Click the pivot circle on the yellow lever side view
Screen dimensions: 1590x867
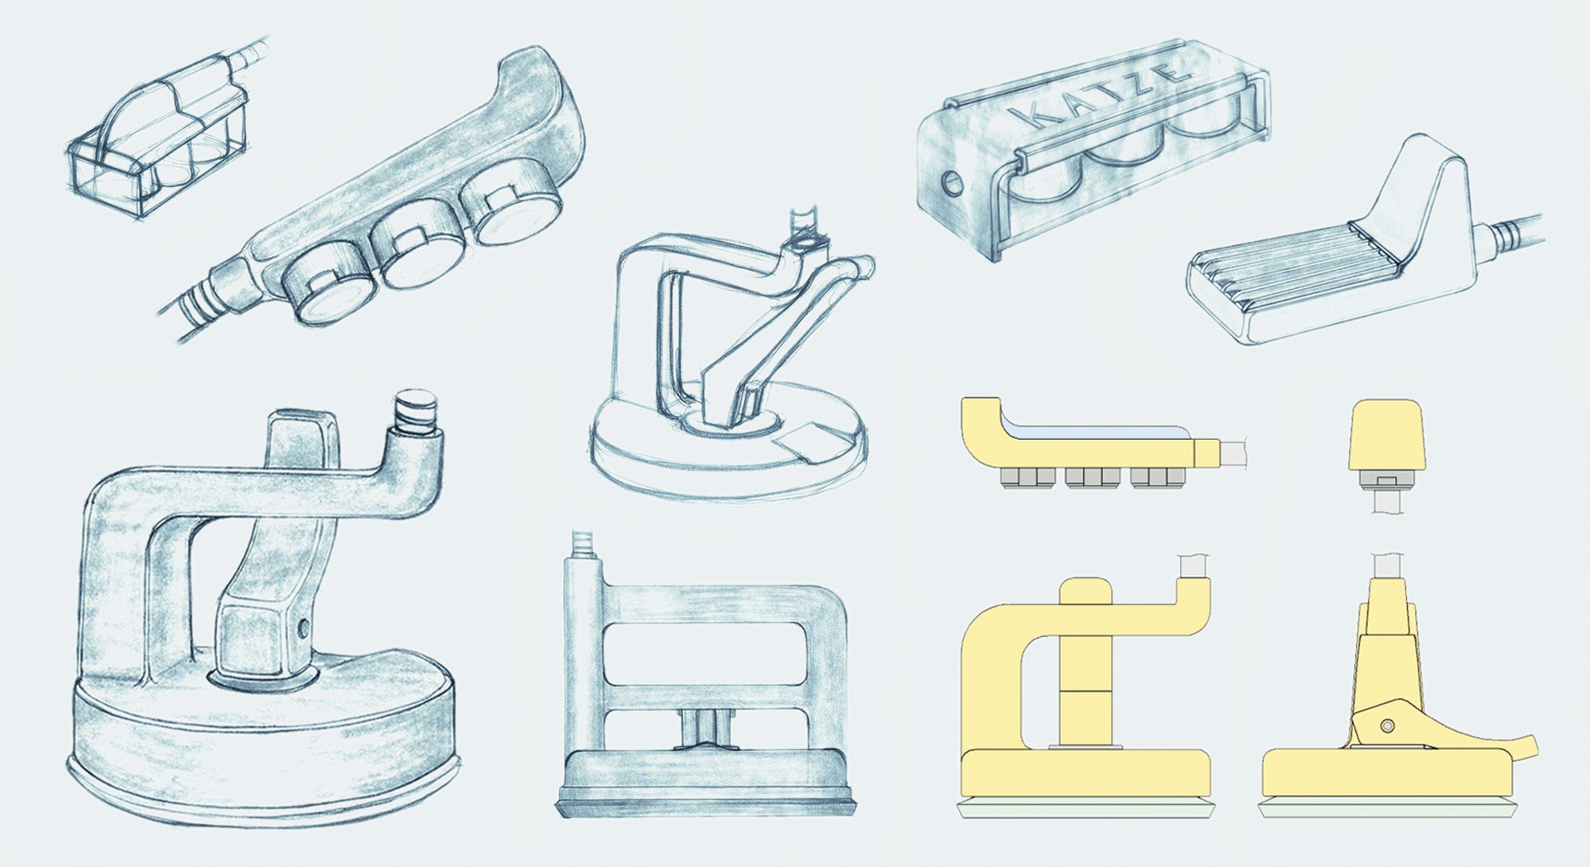[1388, 726]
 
